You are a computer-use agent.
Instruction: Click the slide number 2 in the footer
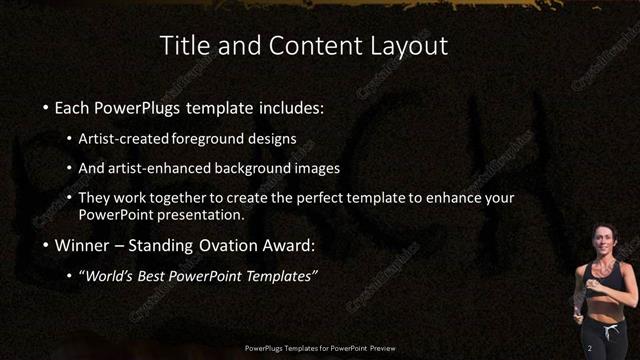coord(591,347)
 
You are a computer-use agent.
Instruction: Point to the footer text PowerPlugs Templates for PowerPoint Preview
coord(320,347)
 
